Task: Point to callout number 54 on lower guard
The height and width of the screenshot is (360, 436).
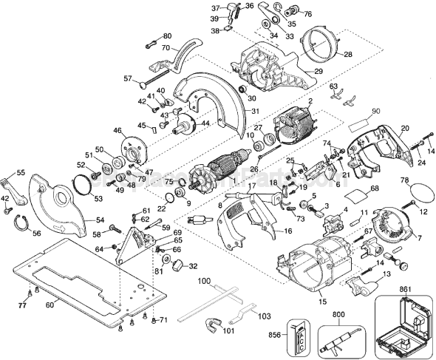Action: coord(101,220)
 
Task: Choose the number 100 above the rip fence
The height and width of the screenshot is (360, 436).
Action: coord(205,282)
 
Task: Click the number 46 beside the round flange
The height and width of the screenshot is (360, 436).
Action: coord(116,131)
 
